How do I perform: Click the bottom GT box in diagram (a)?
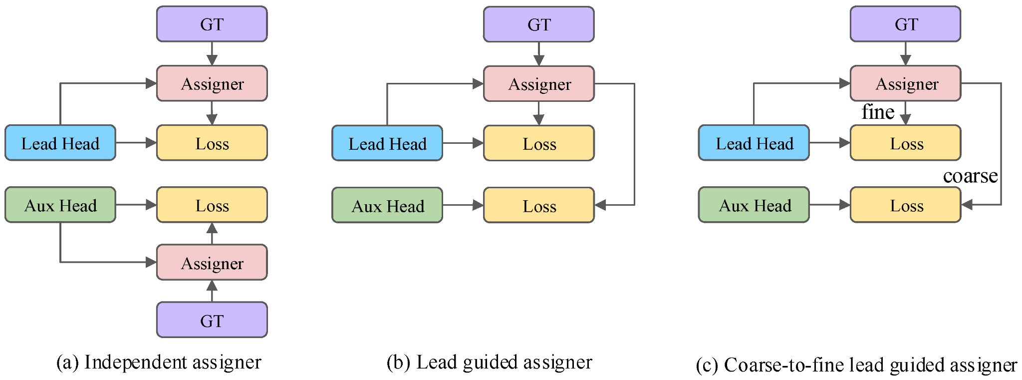(x=212, y=320)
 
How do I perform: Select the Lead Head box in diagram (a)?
(x=60, y=143)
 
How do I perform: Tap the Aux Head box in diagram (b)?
(x=387, y=205)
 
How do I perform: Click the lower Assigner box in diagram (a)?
(x=212, y=262)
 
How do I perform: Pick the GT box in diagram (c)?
(x=905, y=24)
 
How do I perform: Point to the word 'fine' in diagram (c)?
(x=877, y=112)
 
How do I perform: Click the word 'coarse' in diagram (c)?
(x=970, y=176)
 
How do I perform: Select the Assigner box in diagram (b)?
(x=538, y=84)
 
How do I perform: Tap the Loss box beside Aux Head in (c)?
(x=905, y=205)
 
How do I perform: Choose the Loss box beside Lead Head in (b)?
(x=538, y=143)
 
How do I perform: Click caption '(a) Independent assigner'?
(x=159, y=362)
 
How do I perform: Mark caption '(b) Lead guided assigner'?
(x=489, y=362)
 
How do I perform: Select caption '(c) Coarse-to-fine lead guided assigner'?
(x=856, y=365)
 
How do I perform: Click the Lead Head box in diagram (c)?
(x=754, y=143)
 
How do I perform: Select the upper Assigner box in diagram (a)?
(x=212, y=83)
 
